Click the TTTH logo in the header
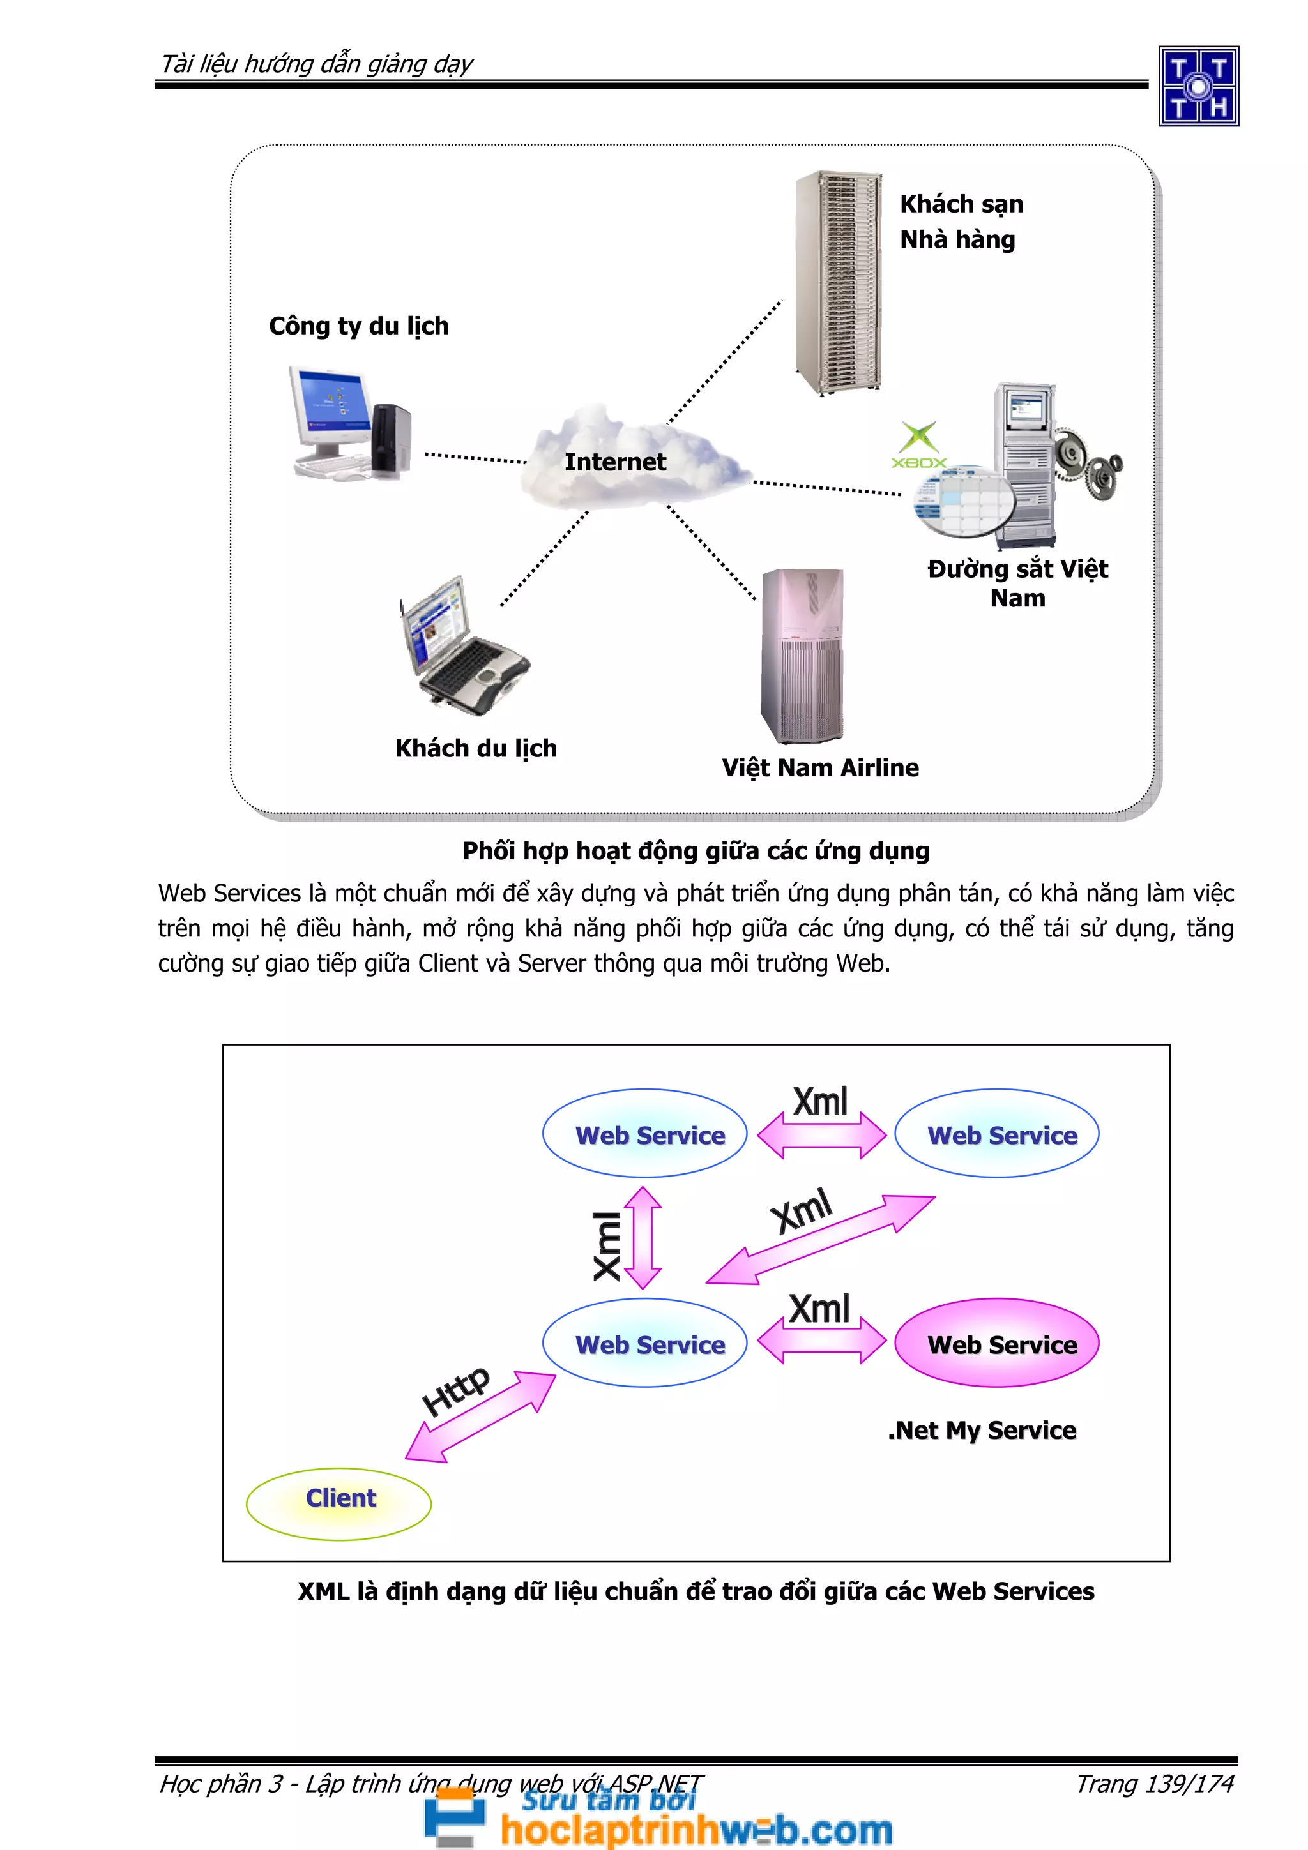pos(1198,86)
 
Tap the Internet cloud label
pos(615,462)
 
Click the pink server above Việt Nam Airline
pos(802,656)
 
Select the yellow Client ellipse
pos(339,1503)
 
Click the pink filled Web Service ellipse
pos(996,1343)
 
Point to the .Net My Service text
pos(982,1430)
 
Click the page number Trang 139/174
pos(1154,1784)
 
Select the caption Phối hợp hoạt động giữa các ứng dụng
pos(696,851)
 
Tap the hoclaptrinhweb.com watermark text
pos(696,1830)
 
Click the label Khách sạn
pos(961,204)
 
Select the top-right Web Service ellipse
pos(996,1134)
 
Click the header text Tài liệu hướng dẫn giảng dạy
pos(317,64)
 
